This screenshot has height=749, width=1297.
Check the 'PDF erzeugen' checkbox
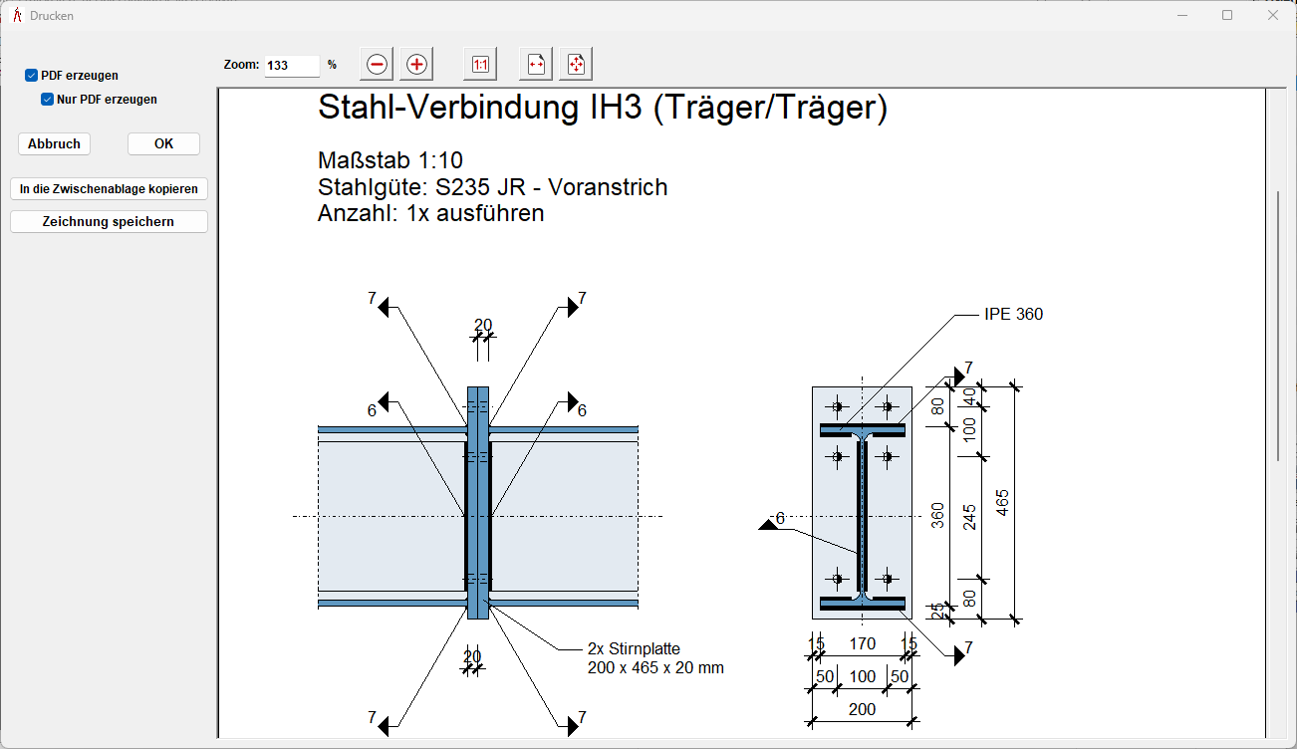pyautogui.click(x=32, y=76)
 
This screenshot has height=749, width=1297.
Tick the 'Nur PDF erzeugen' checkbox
pyautogui.click(x=47, y=100)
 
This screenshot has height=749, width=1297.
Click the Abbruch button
pyautogui.click(x=54, y=144)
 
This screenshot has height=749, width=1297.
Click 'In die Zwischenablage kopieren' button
pyautogui.click(x=109, y=188)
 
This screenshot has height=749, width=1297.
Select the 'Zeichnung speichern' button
pyautogui.click(x=109, y=222)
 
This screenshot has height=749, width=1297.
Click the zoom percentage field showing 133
pyautogui.click(x=291, y=66)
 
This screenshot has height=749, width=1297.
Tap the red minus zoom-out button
pyautogui.click(x=377, y=65)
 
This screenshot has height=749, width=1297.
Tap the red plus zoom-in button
pyautogui.click(x=416, y=65)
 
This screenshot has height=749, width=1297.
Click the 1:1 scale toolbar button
pyautogui.click(x=480, y=65)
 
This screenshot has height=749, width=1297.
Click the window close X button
pyautogui.click(x=1272, y=15)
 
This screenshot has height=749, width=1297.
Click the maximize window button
pyautogui.click(x=1227, y=15)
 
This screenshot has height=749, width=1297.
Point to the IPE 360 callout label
pyautogui.click(x=1013, y=315)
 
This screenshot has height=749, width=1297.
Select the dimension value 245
pyautogui.click(x=970, y=516)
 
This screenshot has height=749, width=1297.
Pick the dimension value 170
pyautogui.click(x=862, y=644)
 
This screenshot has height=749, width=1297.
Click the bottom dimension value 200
pyautogui.click(x=862, y=710)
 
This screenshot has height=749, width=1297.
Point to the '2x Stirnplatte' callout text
pyautogui.click(x=634, y=649)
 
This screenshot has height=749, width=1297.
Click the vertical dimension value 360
pyautogui.click(x=937, y=515)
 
